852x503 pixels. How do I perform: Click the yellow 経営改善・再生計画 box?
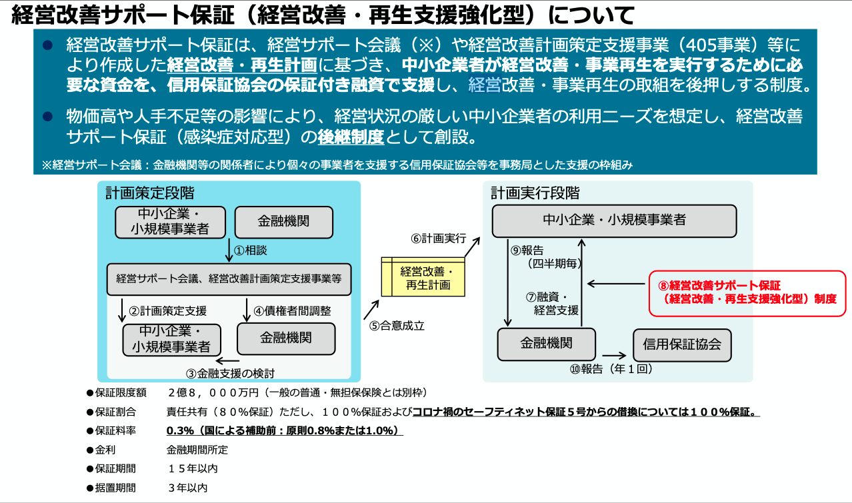point(423,276)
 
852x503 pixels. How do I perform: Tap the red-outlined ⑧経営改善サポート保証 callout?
point(747,293)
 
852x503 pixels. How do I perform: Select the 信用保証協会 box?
point(682,345)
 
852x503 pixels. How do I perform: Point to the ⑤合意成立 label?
point(396,326)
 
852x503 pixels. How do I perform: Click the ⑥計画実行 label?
point(438,239)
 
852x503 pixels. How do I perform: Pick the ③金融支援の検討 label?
point(230,373)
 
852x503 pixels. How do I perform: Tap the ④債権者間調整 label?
point(292,311)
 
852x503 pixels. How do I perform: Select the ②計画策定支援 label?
point(168,311)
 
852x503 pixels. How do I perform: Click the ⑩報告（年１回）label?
point(611,369)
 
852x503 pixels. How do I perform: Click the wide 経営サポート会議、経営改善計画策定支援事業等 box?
point(229,279)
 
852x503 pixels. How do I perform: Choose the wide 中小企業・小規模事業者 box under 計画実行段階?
point(614,221)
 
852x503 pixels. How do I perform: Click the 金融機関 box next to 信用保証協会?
point(546,344)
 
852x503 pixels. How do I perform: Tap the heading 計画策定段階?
point(150,193)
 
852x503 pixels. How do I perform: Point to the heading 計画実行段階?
point(535,193)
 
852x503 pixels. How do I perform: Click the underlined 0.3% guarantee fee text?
point(285,430)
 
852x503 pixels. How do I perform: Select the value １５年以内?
point(193,468)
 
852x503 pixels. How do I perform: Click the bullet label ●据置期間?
point(111,488)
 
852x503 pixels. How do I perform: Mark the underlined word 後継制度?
point(351,137)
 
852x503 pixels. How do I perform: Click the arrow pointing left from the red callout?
point(616,284)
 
